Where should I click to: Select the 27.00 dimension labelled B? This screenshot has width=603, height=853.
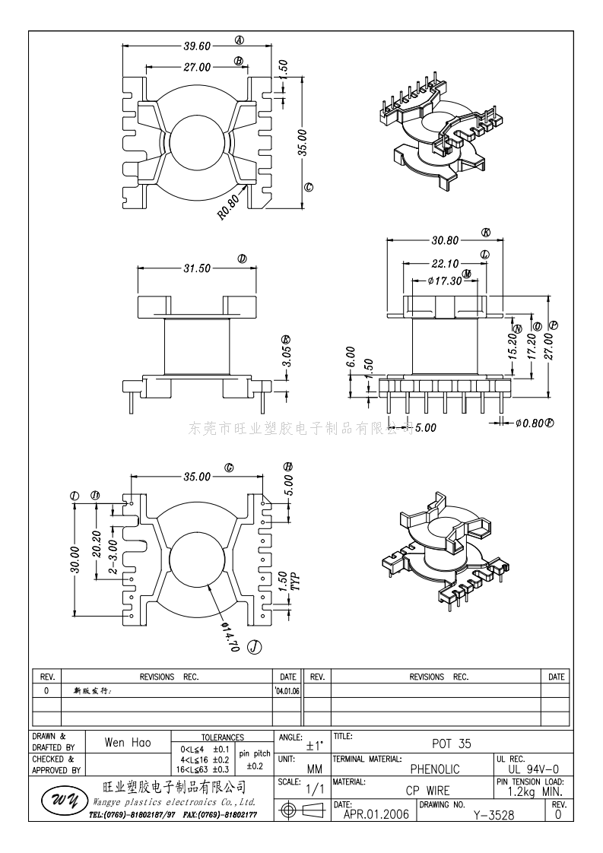pos(197,66)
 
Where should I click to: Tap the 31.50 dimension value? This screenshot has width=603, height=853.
pos(196,268)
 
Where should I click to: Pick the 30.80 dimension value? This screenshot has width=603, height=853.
pos(445,240)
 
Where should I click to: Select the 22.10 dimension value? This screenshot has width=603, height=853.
pos(446,264)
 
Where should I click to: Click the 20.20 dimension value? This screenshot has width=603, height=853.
pos(97,543)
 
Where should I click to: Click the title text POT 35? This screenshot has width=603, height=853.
pos(452,745)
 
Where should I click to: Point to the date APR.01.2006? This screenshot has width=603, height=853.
pos(376,814)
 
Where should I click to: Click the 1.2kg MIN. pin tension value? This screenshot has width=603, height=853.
pos(534,791)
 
